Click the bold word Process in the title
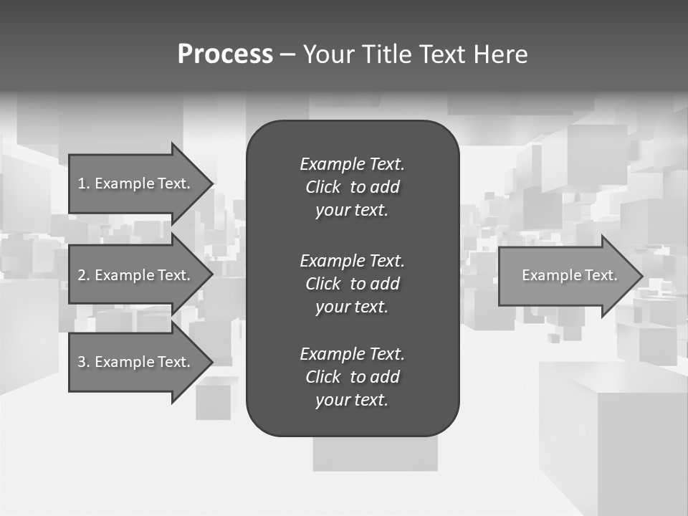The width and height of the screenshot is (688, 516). [225, 54]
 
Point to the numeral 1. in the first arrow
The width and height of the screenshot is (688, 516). [83, 183]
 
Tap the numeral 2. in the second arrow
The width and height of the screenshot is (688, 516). [83, 275]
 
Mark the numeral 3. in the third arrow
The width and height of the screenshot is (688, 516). [83, 362]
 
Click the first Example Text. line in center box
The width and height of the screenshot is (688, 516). [352, 164]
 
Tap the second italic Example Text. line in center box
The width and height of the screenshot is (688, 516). [352, 260]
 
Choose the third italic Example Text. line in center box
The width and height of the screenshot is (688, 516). [352, 354]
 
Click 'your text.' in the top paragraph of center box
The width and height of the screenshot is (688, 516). [352, 211]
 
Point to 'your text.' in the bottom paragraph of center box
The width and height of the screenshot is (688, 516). [352, 401]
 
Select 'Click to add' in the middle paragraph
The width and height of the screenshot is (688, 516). [352, 284]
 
